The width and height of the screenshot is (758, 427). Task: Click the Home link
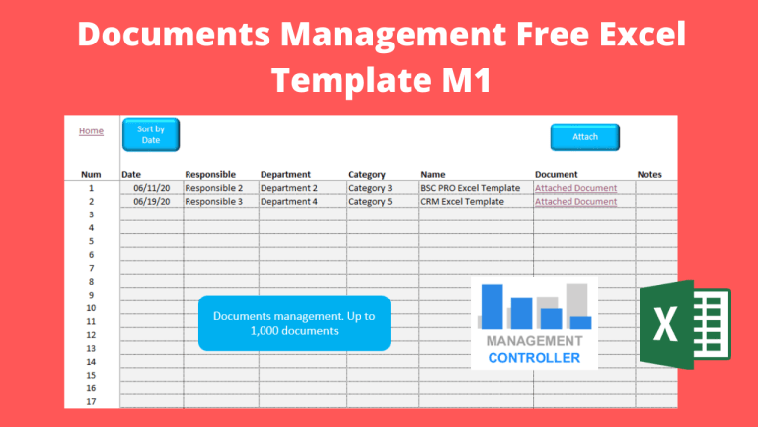point(91,130)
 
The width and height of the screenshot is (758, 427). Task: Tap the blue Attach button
point(585,137)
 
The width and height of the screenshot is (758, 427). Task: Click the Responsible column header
point(210,174)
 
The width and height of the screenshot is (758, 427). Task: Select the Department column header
point(285,174)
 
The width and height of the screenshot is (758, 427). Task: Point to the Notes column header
point(649,174)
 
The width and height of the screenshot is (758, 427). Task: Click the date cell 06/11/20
point(152,188)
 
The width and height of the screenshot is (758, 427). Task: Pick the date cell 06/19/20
point(152,201)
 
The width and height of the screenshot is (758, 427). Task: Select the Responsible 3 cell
point(213,201)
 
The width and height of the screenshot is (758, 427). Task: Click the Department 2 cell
point(289,188)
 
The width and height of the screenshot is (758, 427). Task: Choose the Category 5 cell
point(370,201)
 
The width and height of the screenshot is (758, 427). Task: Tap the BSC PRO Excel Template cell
point(470,188)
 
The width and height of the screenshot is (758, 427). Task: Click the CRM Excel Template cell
point(462,201)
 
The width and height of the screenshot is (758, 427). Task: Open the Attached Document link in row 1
point(575,188)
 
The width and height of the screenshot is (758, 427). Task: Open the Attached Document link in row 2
point(575,201)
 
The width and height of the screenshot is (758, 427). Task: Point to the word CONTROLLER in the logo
point(534,357)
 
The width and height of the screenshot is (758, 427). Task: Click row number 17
point(91,401)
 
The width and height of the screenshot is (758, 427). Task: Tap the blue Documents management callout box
point(294,323)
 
